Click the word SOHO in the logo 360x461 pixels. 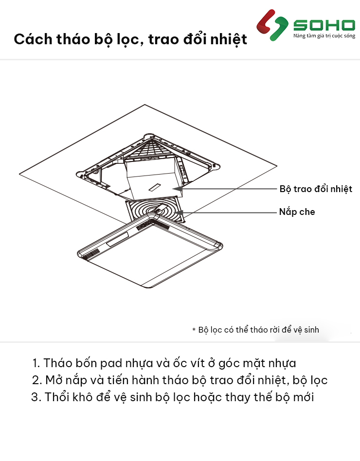click(324, 25)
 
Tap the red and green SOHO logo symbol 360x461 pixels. click(272, 25)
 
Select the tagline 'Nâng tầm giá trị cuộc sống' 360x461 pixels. click(324, 36)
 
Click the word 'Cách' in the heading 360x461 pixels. click(33, 39)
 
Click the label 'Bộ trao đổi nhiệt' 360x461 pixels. click(316, 189)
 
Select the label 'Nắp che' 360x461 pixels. click(297, 212)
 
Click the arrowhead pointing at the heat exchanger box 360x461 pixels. click(176, 189)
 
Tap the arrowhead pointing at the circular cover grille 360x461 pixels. click(178, 213)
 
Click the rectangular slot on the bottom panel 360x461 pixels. click(117, 239)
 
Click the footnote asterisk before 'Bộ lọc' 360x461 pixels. click(194, 330)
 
